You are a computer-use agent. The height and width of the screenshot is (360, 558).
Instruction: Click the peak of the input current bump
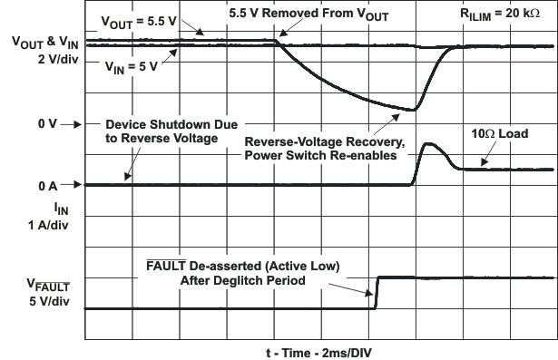click(429, 144)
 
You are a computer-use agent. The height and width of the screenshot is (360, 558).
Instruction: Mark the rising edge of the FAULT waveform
click(376, 292)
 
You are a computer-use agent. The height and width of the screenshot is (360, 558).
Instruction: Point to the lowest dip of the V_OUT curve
click(414, 110)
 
